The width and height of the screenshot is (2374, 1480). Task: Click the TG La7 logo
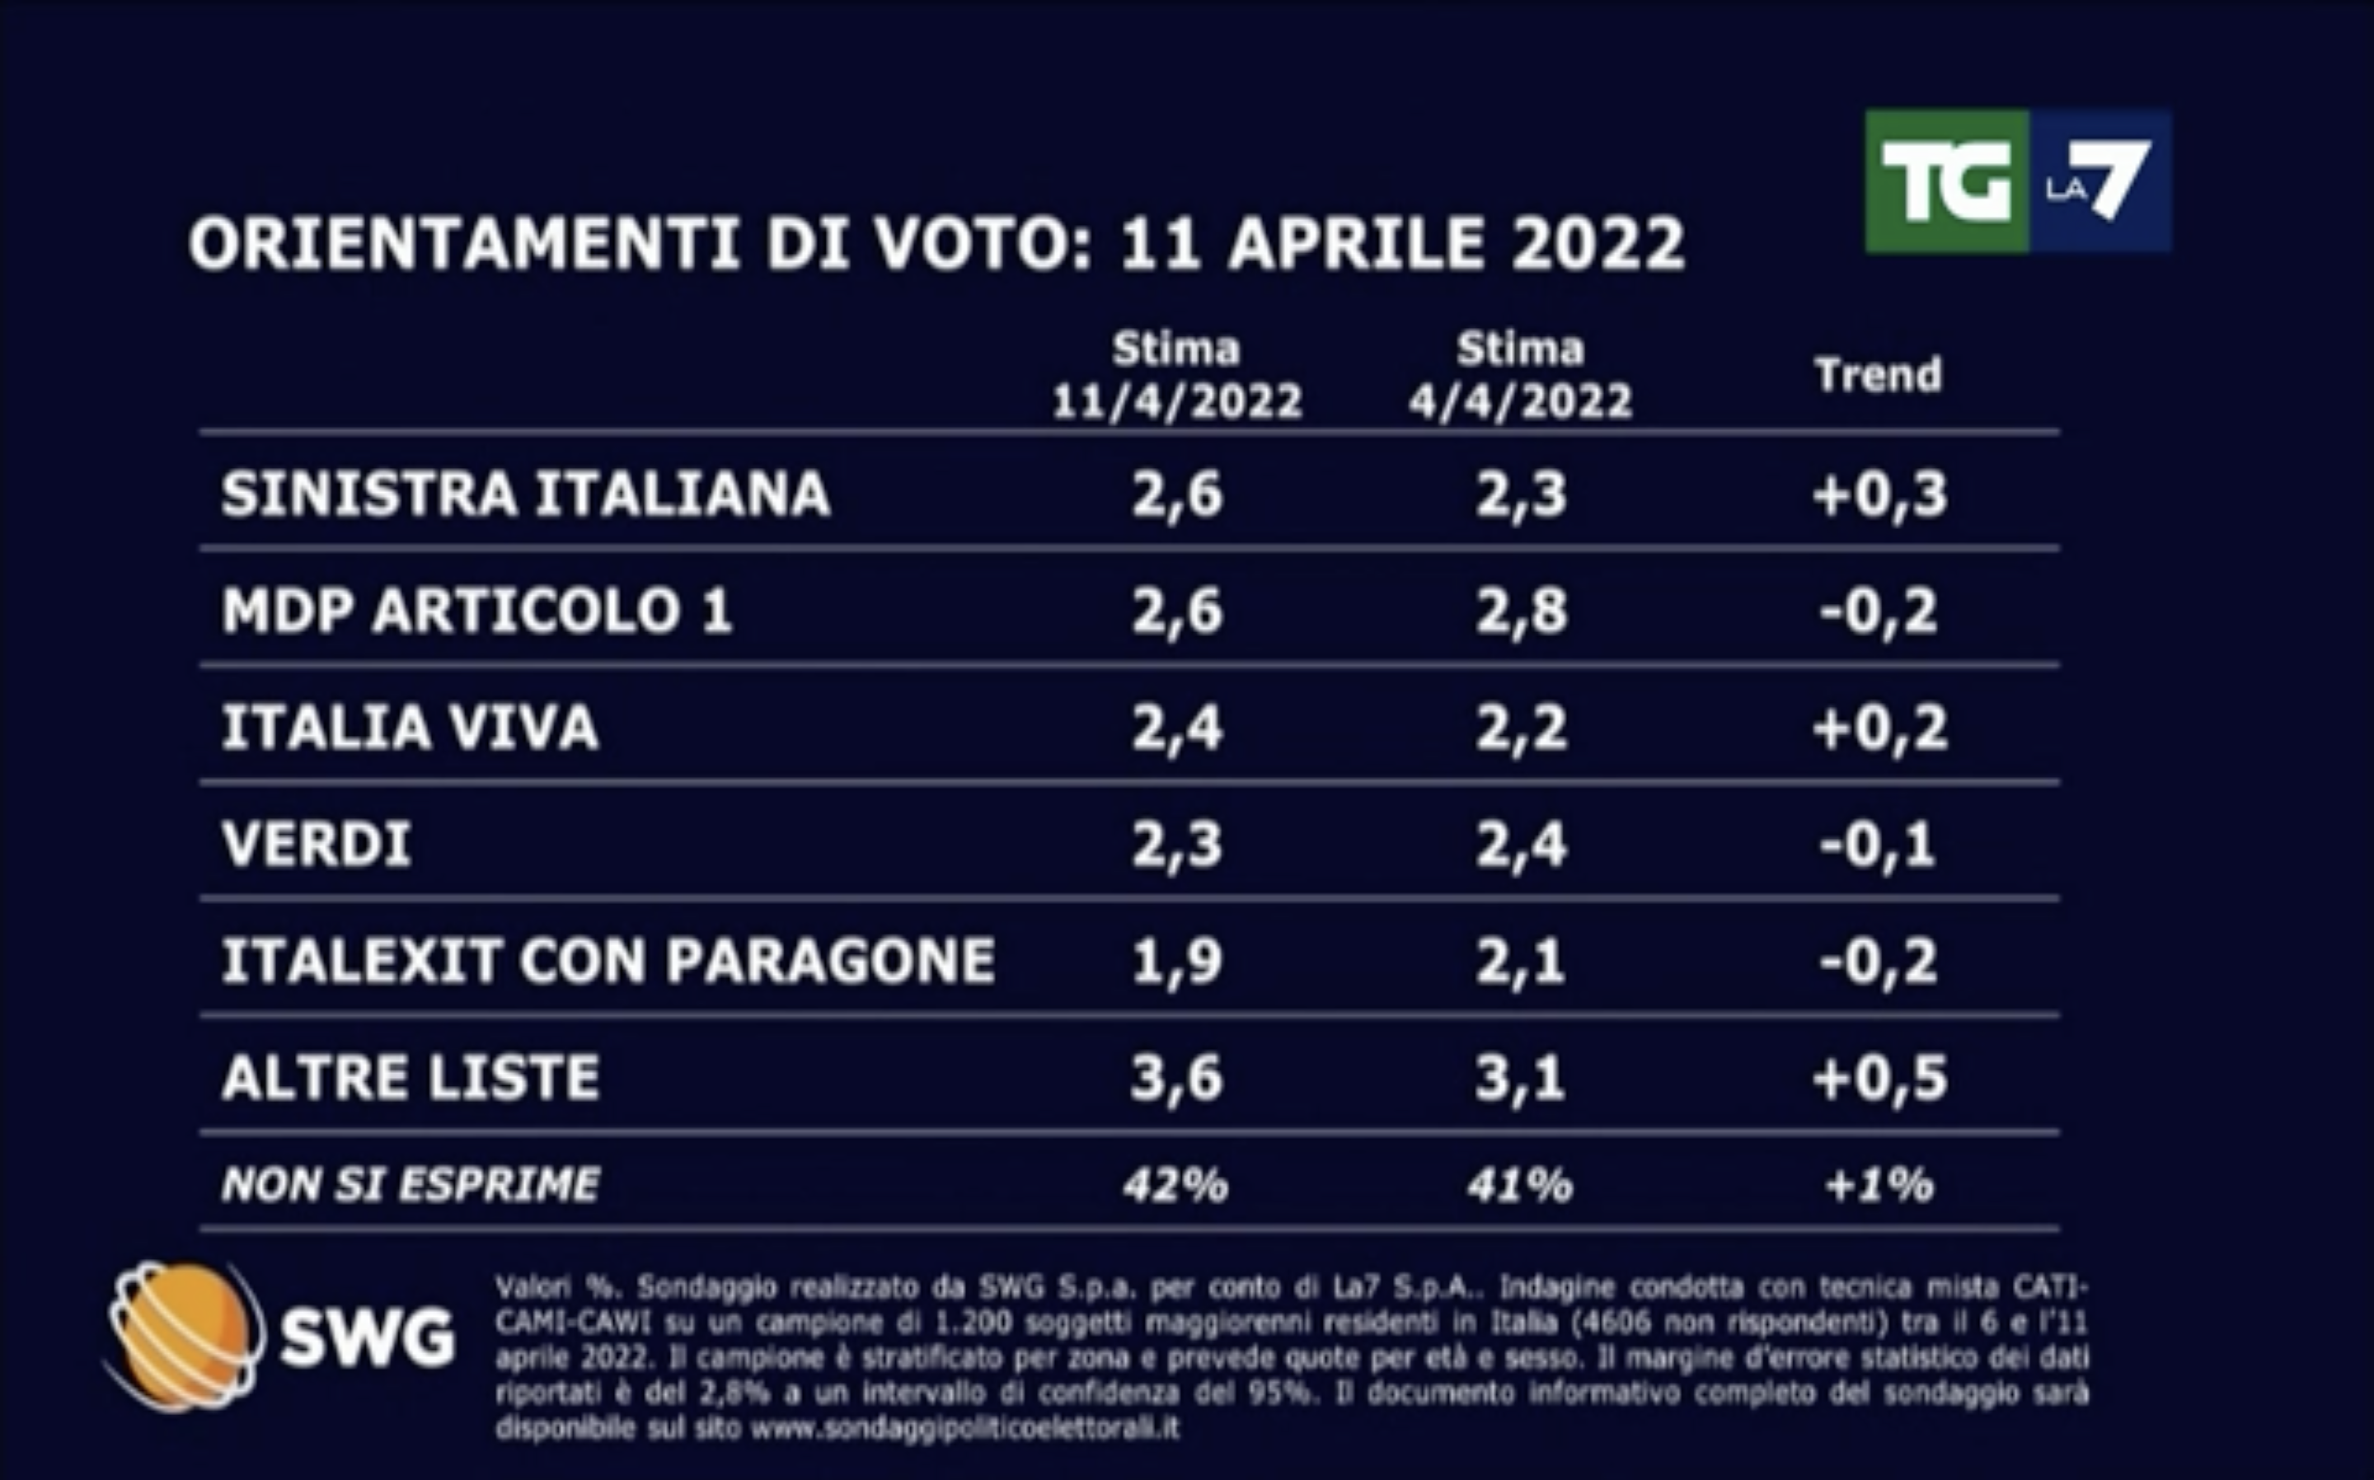point(2017,181)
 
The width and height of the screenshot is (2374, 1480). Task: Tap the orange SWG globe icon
point(184,1336)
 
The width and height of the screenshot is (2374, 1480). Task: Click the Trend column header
point(1878,375)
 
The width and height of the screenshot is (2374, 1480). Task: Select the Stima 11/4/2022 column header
point(1177,376)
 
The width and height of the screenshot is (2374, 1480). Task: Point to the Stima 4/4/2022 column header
point(1520,376)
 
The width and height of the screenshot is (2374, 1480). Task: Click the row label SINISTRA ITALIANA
point(526,494)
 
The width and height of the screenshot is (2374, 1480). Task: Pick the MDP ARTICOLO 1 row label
point(476,611)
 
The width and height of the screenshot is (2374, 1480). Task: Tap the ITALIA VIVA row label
point(411,728)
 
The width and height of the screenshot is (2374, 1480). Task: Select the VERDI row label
point(317,844)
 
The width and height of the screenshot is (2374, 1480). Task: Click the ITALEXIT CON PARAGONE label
point(608,960)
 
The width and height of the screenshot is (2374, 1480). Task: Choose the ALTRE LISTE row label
point(411,1078)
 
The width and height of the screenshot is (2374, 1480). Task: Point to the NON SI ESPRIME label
point(411,1185)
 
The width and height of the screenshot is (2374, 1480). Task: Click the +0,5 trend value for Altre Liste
point(1879,1078)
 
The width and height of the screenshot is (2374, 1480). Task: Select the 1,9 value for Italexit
point(1177,961)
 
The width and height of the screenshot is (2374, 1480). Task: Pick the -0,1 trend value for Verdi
point(1878,844)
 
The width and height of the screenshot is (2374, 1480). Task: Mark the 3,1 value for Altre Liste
point(1520,1078)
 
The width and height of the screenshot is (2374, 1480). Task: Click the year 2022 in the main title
point(1598,244)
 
